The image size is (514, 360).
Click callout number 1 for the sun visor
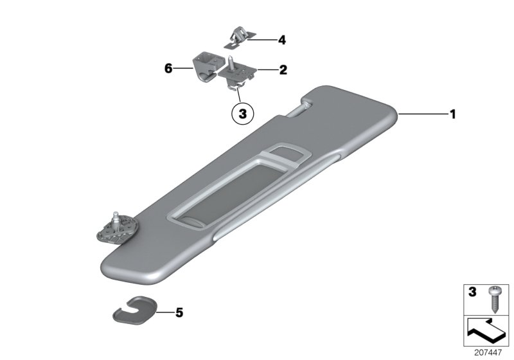tap(453, 114)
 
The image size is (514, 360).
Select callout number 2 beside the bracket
tap(283, 70)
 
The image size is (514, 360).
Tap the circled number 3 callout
tap(243, 114)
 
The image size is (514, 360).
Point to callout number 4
tap(282, 40)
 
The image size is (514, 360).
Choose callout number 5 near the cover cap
tap(179, 312)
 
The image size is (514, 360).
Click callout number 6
tap(168, 69)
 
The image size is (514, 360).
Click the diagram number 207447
tap(488, 353)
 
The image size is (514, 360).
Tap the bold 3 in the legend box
tap(472, 292)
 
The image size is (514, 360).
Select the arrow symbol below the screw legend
tap(486, 331)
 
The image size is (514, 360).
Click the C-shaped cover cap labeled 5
tap(134, 310)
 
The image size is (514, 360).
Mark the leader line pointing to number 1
tap(423, 114)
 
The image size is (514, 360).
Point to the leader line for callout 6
tap(183, 68)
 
